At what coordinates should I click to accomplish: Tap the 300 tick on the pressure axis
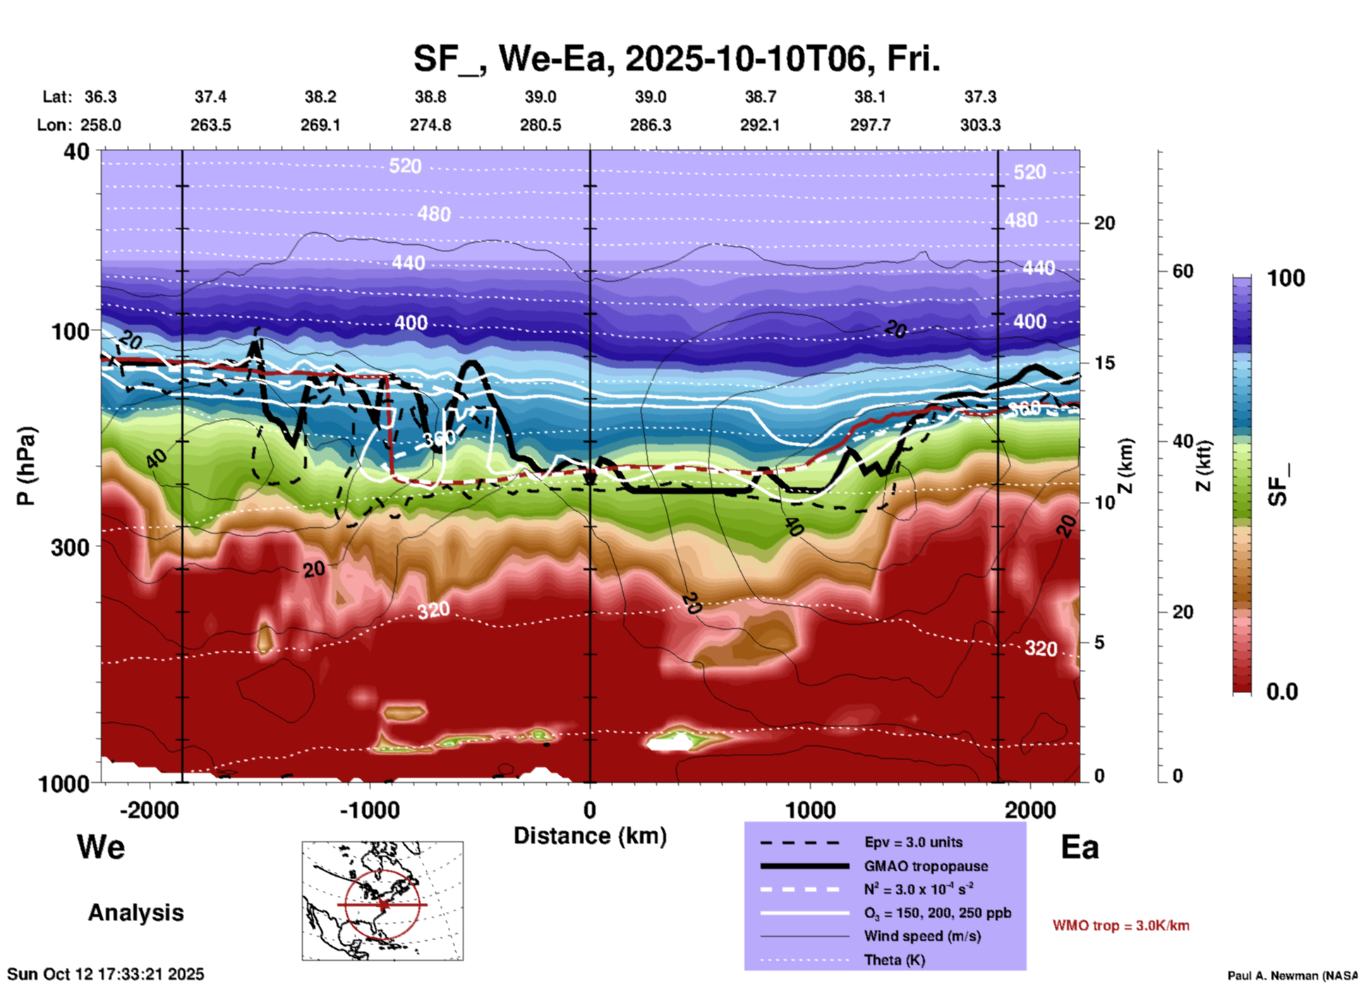(71, 547)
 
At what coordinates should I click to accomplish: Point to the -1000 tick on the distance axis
(370, 810)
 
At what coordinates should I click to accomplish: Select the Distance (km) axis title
(590, 836)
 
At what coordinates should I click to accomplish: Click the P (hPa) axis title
(26, 466)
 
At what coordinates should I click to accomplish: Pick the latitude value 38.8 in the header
(430, 97)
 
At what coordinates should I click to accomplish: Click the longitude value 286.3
(650, 125)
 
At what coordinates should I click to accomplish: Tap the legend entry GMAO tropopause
(926, 866)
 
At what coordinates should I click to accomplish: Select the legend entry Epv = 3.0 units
(913, 842)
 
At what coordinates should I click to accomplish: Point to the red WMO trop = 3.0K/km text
(1121, 925)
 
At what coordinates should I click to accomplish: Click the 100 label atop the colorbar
(1286, 278)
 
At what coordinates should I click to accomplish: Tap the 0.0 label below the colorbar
(1282, 692)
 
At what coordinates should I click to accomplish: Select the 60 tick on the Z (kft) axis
(1183, 271)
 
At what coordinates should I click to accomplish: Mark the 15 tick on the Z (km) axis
(1104, 363)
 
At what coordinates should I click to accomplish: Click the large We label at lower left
(101, 847)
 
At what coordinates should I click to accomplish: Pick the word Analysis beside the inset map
(135, 912)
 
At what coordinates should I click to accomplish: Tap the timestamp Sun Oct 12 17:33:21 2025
(106, 974)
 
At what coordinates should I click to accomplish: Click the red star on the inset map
(382, 904)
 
